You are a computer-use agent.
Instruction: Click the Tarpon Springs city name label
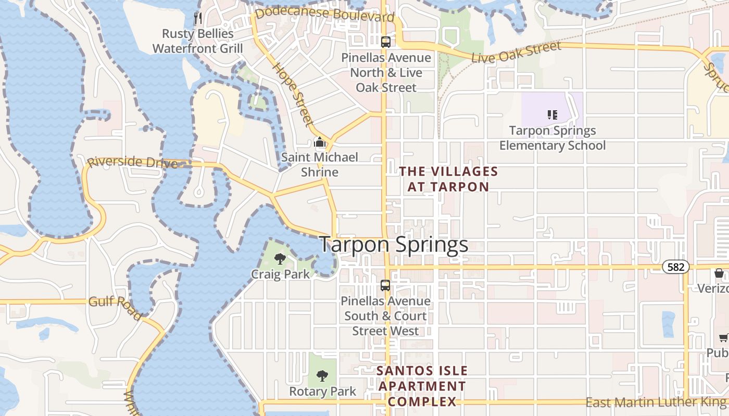pos(394,244)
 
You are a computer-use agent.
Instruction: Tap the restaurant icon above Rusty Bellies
pos(197,19)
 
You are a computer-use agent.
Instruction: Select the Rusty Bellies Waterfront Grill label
pos(197,41)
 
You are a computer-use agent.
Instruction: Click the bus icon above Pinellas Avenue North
pos(385,42)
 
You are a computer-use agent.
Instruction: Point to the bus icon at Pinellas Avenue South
pos(385,285)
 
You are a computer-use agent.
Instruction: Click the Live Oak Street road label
pos(516,53)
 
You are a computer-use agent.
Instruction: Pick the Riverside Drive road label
pos(132,162)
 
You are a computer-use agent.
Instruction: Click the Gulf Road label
pos(115,306)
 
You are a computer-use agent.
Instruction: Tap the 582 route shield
pos(676,267)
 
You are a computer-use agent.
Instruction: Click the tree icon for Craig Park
pos(280,258)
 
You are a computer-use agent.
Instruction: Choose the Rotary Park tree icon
pos(322,375)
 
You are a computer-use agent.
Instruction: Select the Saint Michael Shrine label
pos(320,164)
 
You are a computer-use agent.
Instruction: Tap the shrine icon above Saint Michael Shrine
pos(320,142)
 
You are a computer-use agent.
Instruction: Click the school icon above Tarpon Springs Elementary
pos(552,114)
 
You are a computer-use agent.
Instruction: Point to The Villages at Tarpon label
pos(448,179)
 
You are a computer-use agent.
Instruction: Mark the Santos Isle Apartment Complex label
pos(422,386)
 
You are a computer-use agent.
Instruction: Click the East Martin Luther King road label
pos(656,402)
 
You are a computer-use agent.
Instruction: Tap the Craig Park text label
pos(280,274)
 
